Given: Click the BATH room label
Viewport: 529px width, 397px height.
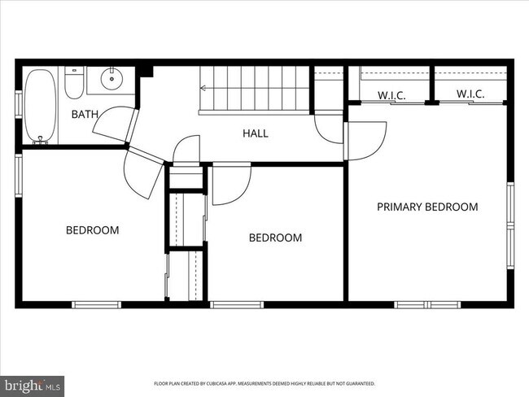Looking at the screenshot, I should point(85,115).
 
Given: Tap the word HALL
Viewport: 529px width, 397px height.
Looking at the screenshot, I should point(255,133).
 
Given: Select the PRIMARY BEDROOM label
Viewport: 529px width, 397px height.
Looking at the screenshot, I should point(426,207).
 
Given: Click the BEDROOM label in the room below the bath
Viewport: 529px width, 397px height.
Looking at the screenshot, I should point(92,230).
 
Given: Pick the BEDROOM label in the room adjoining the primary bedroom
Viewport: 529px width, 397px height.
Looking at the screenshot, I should point(275,238).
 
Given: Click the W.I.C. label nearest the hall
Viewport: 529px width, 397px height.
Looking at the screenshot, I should point(391,96).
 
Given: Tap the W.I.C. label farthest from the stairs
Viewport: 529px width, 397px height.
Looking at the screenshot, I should point(470,94).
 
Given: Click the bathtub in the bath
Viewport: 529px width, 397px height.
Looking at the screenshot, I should point(37,106).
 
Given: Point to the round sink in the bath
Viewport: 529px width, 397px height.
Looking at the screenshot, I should point(111,80).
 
